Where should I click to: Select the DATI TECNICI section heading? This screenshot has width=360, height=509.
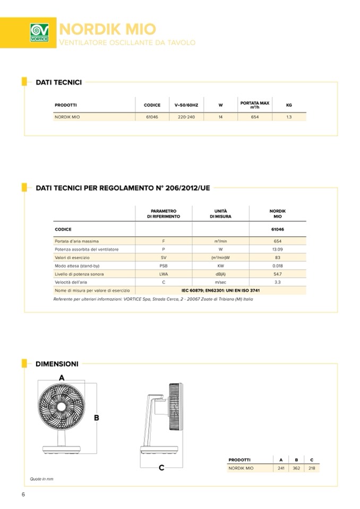click(x=58, y=82)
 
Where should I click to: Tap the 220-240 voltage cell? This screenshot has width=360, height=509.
click(x=186, y=117)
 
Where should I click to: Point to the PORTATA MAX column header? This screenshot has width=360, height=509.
click(x=255, y=105)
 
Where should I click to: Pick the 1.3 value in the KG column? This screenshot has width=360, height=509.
click(x=289, y=117)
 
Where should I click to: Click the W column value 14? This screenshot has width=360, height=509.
click(x=220, y=117)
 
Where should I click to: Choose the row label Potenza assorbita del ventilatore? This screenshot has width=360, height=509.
click(x=87, y=249)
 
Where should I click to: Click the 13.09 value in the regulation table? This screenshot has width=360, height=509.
click(x=277, y=249)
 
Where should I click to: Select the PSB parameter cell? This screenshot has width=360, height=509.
click(x=164, y=265)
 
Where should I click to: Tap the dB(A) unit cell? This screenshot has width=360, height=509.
click(x=220, y=274)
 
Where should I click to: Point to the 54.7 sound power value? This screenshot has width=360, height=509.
click(x=277, y=274)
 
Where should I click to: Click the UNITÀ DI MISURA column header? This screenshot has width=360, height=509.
click(x=220, y=214)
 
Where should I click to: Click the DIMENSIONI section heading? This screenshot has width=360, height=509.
click(x=57, y=364)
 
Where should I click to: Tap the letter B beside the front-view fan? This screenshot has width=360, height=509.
click(x=97, y=418)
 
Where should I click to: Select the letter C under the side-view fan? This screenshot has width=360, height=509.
click(x=161, y=468)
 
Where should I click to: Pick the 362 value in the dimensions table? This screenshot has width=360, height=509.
click(x=296, y=468)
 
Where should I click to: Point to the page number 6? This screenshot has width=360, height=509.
click(x=23, y=495)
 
